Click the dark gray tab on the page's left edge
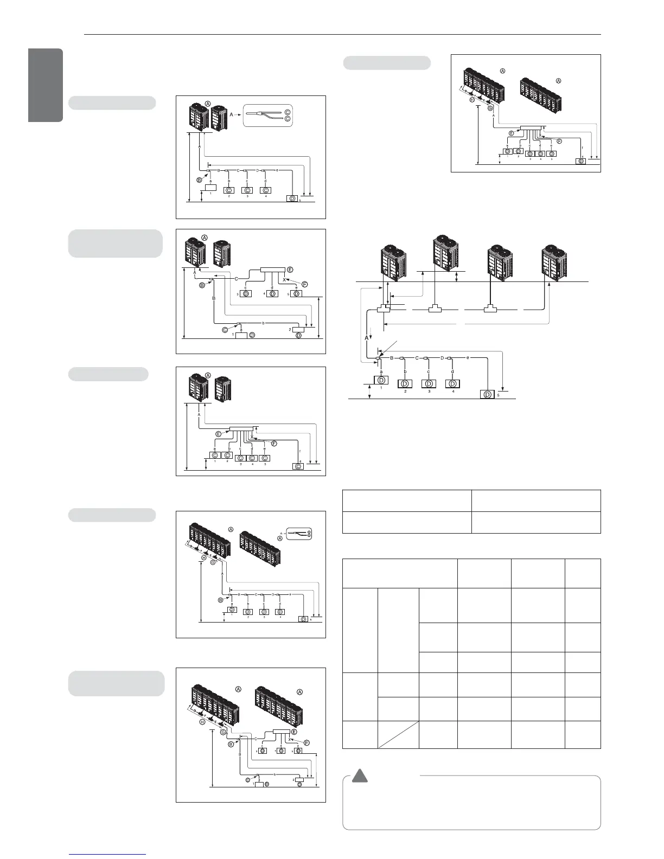46,85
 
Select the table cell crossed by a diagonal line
398,734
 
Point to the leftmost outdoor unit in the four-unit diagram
398,264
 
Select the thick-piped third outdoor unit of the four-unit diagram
502,264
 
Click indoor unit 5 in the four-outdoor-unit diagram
488,394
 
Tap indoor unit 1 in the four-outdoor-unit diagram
381,380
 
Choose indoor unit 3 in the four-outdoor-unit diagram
429,383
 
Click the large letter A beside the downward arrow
366,337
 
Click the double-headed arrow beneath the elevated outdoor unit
457,277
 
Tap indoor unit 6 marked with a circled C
298,466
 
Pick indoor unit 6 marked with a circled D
581,161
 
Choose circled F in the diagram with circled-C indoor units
273,444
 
